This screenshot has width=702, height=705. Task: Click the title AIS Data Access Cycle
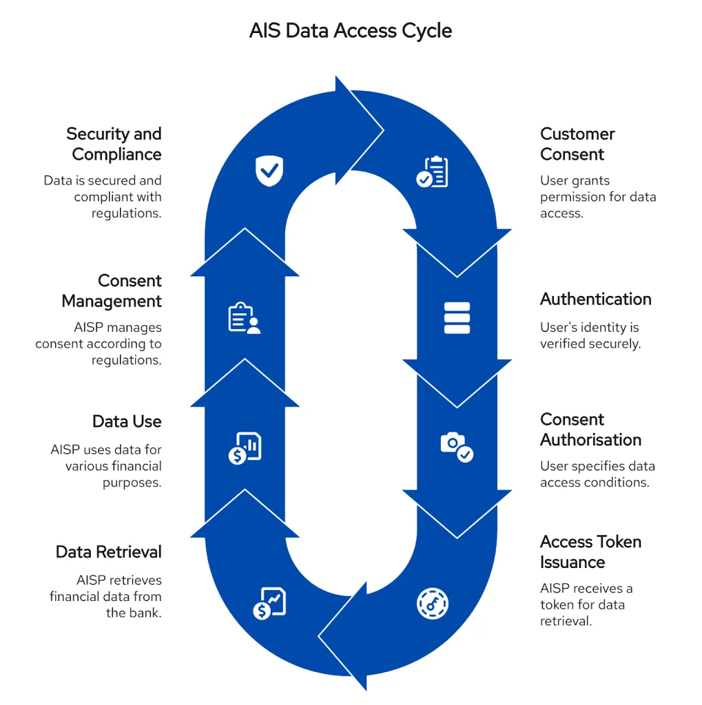(x=351, y=31)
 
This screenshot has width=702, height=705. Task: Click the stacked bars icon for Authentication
(x=457, y=318)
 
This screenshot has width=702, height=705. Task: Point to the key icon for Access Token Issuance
(x=433, y=603)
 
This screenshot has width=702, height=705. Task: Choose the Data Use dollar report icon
(x=245, y=448)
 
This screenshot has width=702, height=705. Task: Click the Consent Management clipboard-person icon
(x=244, y=319)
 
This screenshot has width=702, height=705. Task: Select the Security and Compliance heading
(x=115, y=144)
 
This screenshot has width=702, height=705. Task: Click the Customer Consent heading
(x=577, y=144)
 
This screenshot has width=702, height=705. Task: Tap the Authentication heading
(x=595, y=299)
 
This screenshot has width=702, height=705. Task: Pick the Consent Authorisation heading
(x=590, y=430)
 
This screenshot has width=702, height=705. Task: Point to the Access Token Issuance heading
(x=590, y=551)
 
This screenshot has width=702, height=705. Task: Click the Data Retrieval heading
(x=109, y=552)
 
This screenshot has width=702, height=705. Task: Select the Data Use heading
(x=127, y=421)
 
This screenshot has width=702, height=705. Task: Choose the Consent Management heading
(x=112, y=291)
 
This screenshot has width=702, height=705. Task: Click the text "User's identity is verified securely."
(x=590, y=335)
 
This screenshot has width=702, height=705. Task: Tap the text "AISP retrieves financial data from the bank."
(x=105, y=596)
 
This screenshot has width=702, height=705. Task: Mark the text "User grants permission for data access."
(x=597, y=197)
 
